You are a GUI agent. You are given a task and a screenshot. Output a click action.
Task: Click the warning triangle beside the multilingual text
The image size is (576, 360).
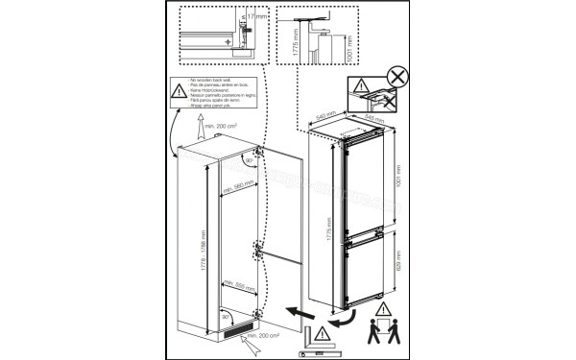pos(181,91)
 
